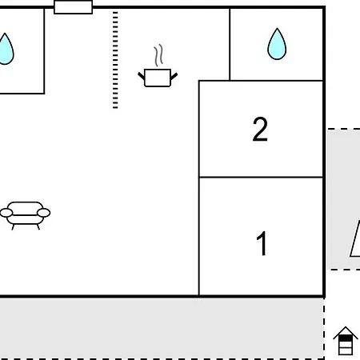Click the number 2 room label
260,129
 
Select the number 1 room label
262,243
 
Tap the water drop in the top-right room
277,44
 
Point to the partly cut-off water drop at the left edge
6,49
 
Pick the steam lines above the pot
158,55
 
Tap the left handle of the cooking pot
142,76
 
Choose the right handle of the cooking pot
174,76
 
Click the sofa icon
25,215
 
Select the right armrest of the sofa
43,213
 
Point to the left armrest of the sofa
6,213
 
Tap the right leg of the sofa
38,227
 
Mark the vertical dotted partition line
115,60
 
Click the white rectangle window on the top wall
74,7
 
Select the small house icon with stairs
346,341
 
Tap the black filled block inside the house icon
346,338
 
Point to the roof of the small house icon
346,333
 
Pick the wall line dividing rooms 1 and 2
261,177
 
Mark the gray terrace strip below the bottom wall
162,329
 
